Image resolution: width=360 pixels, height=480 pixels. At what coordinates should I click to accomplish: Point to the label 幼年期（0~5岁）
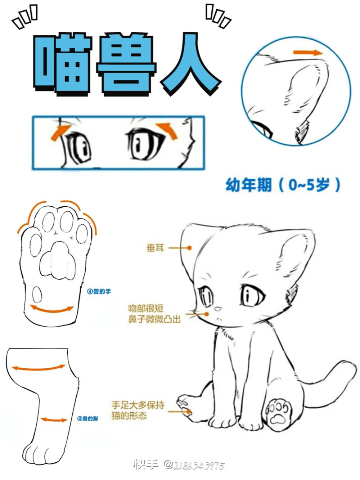point(283,185)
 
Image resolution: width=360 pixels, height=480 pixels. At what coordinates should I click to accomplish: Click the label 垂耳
point(155,248)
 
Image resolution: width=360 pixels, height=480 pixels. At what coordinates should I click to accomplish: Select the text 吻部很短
point(146,309)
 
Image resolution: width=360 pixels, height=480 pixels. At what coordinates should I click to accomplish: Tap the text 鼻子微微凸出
point(154,319)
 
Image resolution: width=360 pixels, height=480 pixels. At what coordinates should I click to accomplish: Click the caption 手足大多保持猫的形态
point(138,410)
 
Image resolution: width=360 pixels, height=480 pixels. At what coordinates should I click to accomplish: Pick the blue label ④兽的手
point(99,291)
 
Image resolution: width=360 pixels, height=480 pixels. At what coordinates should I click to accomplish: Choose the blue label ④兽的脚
point(88,418)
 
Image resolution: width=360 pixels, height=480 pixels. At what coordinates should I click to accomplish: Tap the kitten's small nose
point(218,309)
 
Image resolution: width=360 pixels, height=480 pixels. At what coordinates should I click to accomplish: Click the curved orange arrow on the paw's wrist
point(52,309)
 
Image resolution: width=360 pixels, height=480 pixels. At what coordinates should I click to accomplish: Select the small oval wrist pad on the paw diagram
point(37,294)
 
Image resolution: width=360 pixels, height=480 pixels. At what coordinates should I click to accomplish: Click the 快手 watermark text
point(145,465)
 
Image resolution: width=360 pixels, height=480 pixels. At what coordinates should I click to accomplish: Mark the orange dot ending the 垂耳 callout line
point(189,248)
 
